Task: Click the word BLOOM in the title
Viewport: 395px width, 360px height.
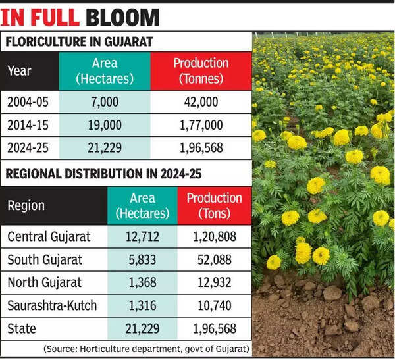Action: tap(123, 16)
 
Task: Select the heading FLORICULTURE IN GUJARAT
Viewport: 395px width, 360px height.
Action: tap(79, 42)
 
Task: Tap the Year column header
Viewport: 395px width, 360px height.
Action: tap(20, 70)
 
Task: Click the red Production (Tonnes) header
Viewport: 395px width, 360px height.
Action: tap(201, 71)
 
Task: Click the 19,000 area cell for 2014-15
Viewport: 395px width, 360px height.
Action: tap(105, 125)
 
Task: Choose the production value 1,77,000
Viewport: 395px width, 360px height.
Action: tap(200, 125)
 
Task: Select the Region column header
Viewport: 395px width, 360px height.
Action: tap(26, 205)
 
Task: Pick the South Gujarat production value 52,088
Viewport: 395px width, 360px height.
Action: tap(214, 260)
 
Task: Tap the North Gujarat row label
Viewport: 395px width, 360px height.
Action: tap(45, 282)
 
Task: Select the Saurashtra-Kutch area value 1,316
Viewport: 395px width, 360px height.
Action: tap(142, 305)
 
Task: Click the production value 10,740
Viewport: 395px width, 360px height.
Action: tap(214, 305)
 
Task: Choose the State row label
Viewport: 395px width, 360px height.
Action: tap(22, 328)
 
